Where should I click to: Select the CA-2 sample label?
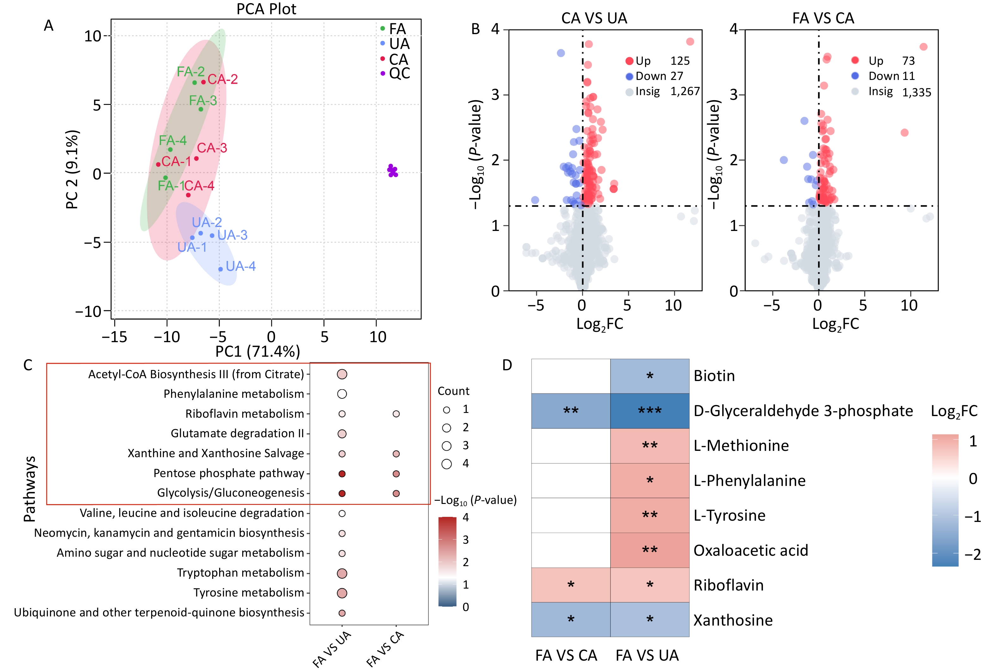point(222,79)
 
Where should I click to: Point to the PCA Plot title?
point(266,9)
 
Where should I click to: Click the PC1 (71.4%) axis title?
point(258,352)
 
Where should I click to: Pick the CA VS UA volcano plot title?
point(594,18)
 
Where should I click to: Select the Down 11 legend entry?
point(891,76)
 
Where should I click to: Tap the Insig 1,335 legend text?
point(899,92)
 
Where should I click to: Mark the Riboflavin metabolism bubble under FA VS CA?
point(396,414)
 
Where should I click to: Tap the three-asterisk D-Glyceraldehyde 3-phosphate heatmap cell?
point(650,411)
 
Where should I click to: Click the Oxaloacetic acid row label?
point(750,550)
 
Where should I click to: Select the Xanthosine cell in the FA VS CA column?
point(570,619)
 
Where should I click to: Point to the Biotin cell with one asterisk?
point(650,376)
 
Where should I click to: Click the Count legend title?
point(453,391)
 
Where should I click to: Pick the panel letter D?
point(507,365)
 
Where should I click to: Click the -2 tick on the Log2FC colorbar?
point(972,555)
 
